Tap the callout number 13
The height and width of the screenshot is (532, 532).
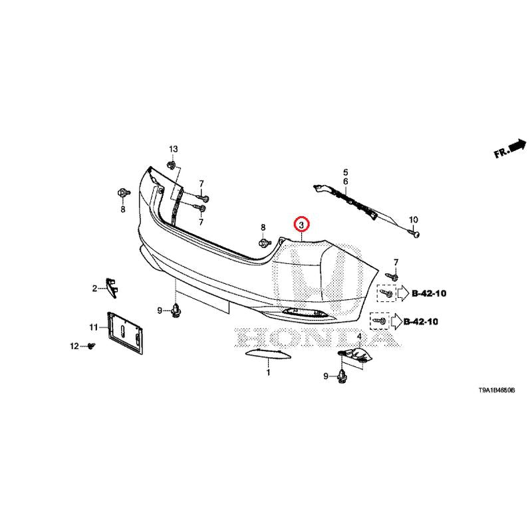click(x=173, y=148)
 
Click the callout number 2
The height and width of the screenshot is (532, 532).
click(x=94, y=288)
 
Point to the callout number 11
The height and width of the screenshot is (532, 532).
click(x=94, y=327)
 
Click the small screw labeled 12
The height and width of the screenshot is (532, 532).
click(x=92, y=346)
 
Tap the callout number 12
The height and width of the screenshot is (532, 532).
click(x=74, y=346)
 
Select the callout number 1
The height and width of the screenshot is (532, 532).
click(x=269, y=373)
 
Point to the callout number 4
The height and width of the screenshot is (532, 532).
click(x=359, y=336)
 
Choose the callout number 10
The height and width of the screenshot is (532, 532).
click(x=412, y=219)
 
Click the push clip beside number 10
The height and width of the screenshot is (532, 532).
click(x=415, y=233)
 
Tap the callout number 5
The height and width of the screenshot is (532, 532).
click(x=345, y=172)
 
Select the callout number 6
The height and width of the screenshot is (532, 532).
click(x=345, y=182)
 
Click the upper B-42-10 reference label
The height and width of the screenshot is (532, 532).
click(x=430, y=292)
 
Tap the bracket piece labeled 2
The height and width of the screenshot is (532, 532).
click(x=111, y=287)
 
